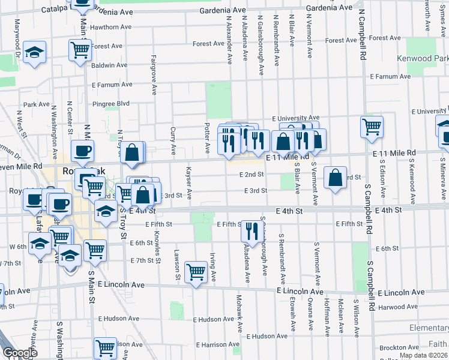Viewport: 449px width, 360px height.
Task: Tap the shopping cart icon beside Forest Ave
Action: point(79,50)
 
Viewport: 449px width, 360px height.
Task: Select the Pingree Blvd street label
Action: point(111,104)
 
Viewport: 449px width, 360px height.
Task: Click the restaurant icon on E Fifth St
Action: point(252,231)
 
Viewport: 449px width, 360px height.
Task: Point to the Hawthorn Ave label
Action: point(111,27)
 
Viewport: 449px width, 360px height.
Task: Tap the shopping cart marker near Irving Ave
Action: point(196,272)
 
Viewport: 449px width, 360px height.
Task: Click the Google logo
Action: point(20,353)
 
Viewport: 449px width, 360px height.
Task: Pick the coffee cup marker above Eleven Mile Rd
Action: point(82,151)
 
